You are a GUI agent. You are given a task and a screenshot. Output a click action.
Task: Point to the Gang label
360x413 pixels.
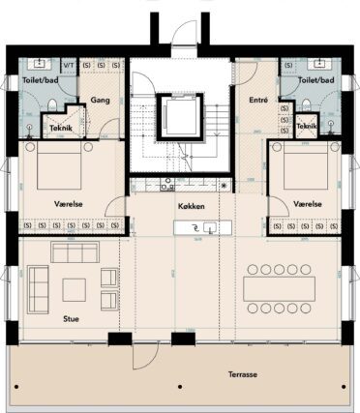coord(99,99)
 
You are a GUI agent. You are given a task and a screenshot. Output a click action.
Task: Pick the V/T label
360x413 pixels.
coord(69,64)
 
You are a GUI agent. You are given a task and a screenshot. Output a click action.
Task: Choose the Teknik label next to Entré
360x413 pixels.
coord(307,127)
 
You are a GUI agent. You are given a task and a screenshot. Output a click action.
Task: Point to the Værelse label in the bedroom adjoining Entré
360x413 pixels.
coord(308,205)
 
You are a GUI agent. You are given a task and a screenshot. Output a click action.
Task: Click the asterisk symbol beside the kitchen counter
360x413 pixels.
coord(225,185)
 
